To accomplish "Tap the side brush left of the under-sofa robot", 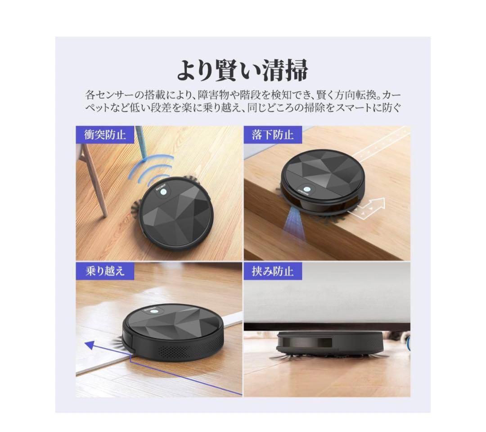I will tap(279, 358).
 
